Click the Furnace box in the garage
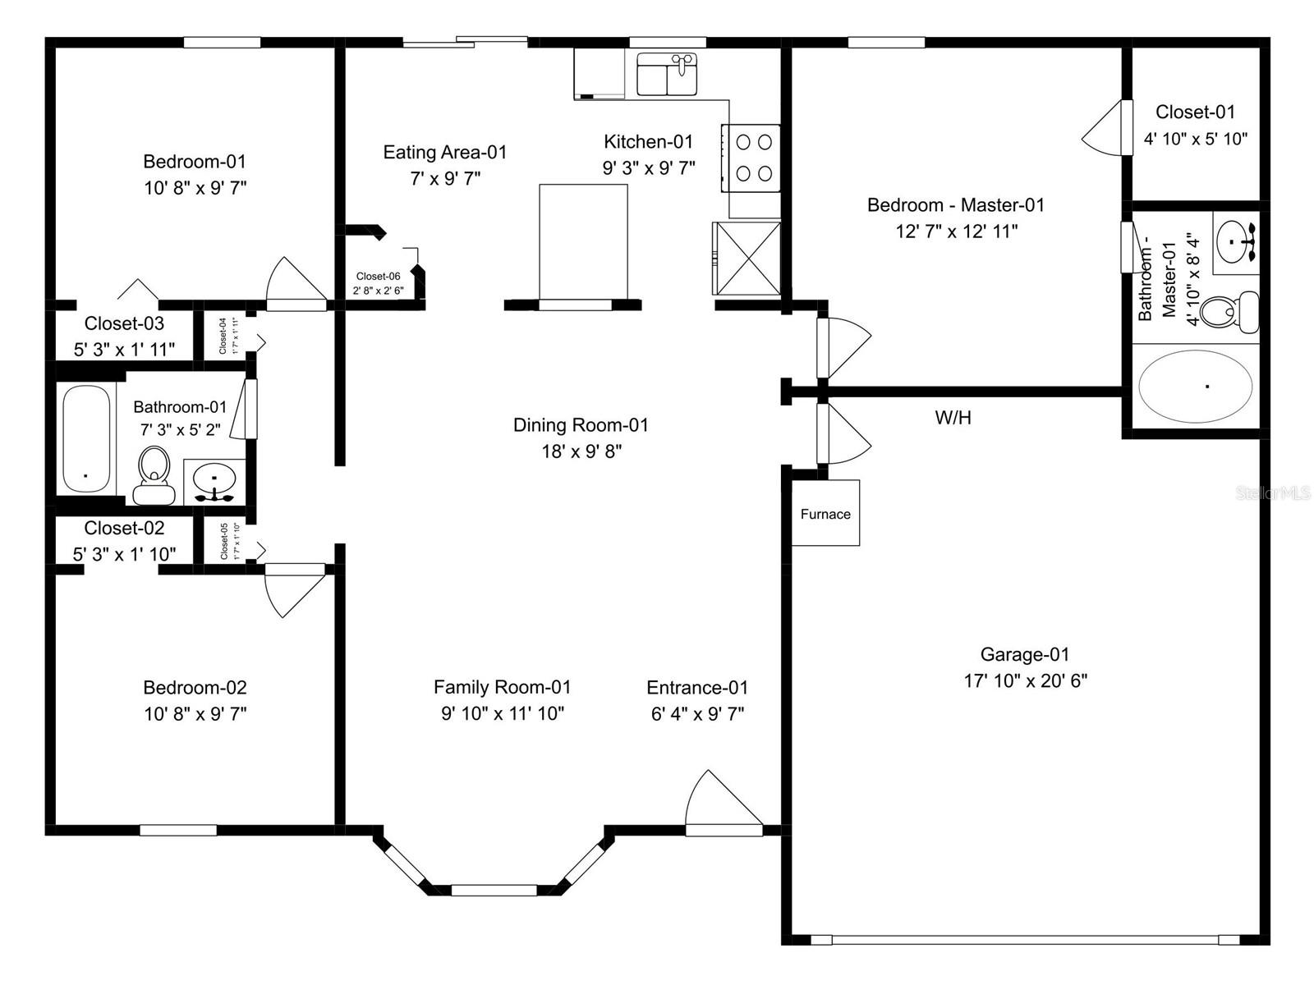(x=825, y=514)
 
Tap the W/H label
(x=953, y=418)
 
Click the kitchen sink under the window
(x=667, y=75)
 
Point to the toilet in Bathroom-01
(x=154, y=476)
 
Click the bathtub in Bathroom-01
(x=86, y=438)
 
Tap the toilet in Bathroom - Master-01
(x=1228, y=312)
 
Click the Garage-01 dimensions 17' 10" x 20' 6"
(x=1025, y=680)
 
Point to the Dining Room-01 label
(x=581, y=425)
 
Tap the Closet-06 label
(x=378, y=277)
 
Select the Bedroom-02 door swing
(x=292, y=589)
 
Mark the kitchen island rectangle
(x=583, y=243)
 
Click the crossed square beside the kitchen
(x=746, y=258)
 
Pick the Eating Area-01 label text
(x=444, y=152)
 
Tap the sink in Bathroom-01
(x=214, y=481)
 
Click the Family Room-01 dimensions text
(x=502, y=713)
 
